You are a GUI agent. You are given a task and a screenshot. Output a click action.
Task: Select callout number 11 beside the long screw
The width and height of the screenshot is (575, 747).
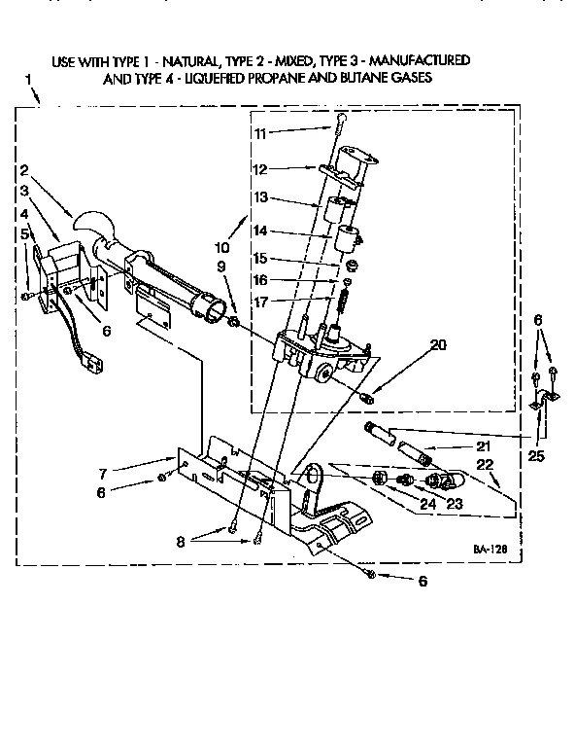258,132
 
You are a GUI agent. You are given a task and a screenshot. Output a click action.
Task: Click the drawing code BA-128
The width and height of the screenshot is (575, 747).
491,549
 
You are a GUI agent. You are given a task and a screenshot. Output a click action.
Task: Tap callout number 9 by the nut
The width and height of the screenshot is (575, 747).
221,266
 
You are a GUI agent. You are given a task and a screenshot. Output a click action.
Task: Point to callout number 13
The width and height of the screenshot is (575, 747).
258,197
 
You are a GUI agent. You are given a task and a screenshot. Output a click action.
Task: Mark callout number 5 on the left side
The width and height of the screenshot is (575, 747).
25,233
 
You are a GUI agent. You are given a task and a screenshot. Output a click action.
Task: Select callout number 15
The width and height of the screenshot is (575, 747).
258,258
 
